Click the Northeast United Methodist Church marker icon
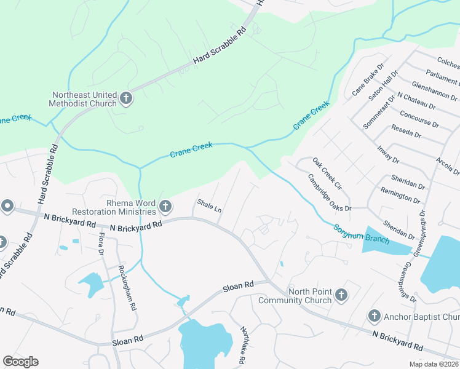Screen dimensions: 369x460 point(126,98)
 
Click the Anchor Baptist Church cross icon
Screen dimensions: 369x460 point(374,317)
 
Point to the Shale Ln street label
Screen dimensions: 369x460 point(209,205)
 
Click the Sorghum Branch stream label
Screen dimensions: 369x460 point(361,234)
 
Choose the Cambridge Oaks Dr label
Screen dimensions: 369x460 point(329,192)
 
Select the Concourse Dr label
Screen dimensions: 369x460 point(419,119)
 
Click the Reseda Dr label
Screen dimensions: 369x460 point(406,132)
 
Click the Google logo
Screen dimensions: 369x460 point(20,362)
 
